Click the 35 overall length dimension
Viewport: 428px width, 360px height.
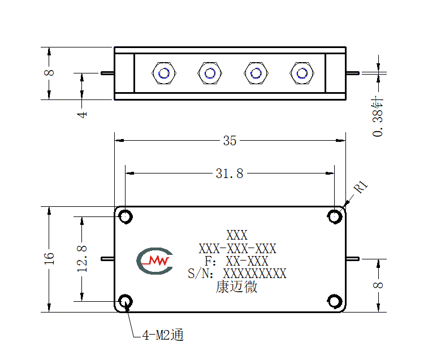click(230, 141)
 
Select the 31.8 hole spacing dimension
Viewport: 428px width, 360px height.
click(230, 174)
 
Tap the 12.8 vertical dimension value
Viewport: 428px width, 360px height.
click(82, 259)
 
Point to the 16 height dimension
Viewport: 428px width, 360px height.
click(49, 259)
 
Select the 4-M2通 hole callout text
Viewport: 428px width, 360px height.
click(163, 335)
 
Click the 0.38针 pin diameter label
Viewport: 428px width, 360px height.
click(378, 116)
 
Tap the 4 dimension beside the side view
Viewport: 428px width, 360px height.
click(82, 114)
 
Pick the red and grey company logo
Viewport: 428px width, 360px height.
click(155, 261)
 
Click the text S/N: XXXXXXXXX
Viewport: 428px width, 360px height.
click(237, 274)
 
